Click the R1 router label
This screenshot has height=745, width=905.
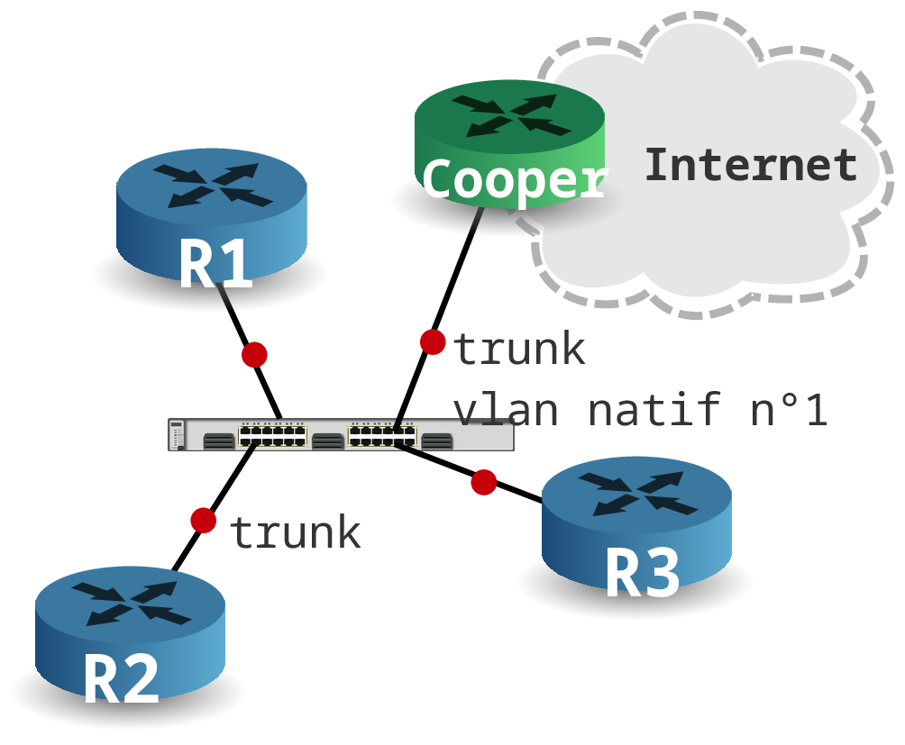point(215,263)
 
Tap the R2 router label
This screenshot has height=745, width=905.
point(122,678)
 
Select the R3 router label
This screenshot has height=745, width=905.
point(643,574)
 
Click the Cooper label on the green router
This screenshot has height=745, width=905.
point(515,179)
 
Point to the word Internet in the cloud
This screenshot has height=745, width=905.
point(751,165)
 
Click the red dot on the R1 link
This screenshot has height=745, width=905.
point(254,355)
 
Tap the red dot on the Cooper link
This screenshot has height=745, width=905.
point(433,342)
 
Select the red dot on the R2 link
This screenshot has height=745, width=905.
point(203,520)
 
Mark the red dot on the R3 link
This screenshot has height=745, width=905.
point(484,482)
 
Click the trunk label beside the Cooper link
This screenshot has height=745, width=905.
point(519,349)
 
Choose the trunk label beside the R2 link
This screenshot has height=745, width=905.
point(296,532)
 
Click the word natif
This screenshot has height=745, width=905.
point(655,409)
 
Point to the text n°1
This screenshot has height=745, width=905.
point(789,409)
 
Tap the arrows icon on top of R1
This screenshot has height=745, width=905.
point(213,186)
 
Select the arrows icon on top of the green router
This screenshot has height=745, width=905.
point(511,116)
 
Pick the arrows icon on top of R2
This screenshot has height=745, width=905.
point(131,604)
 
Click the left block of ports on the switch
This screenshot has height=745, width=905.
point(273,434)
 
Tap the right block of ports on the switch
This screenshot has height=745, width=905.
point(382,434)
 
